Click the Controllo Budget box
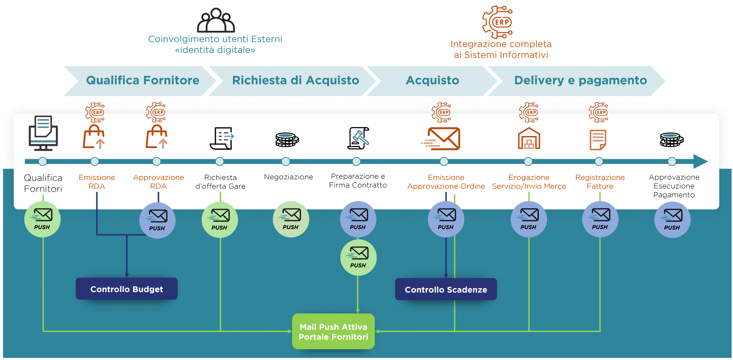click(x=127, y=289)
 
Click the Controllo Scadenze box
click(x=446, y=289)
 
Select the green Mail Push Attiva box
click(x=333, y=331)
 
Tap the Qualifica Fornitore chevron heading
click(x=142, y=81)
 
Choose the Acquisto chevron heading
click(x=432, y=81)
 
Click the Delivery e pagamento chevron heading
click(x=580, y=81)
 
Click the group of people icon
click(x=216, y=21)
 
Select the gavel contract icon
click(x=358, y=138)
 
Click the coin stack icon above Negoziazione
click(x=287, y=140)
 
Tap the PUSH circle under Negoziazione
click(x=291, y=219)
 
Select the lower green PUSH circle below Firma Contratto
click(x=358, y=257)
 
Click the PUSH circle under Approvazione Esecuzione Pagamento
click(x=672, y=219)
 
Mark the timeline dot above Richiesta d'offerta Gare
click(x=220, y=161)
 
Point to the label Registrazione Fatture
click(x=600, y=182)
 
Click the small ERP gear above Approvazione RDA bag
click(x=156, y=112)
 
